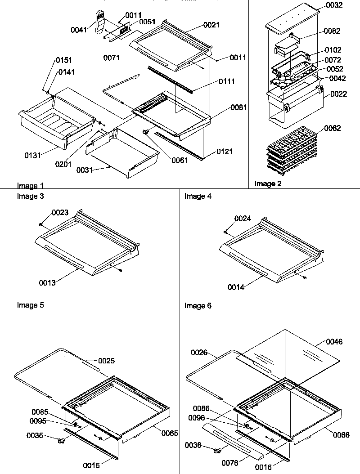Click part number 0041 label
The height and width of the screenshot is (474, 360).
coord(79,30)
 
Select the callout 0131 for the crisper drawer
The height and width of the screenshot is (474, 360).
coord(32,155)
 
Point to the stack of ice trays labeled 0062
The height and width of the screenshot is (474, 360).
coord(288,151)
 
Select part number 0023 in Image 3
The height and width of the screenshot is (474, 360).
coord(60,213)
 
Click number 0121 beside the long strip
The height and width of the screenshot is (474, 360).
coord(224,152)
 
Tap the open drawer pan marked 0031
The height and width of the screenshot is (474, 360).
coord(121,153)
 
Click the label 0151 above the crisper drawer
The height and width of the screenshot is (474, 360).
coord(64,60)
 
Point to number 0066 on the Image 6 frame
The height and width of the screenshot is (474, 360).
coord(342,434)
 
